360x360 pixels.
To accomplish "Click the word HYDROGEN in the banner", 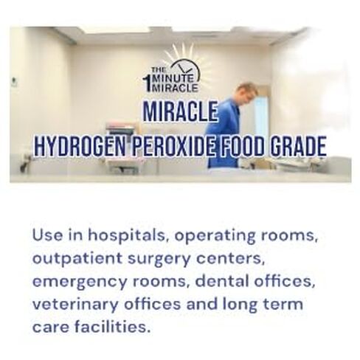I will pos(77,146).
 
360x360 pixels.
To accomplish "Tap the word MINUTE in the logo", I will pos(167,72).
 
